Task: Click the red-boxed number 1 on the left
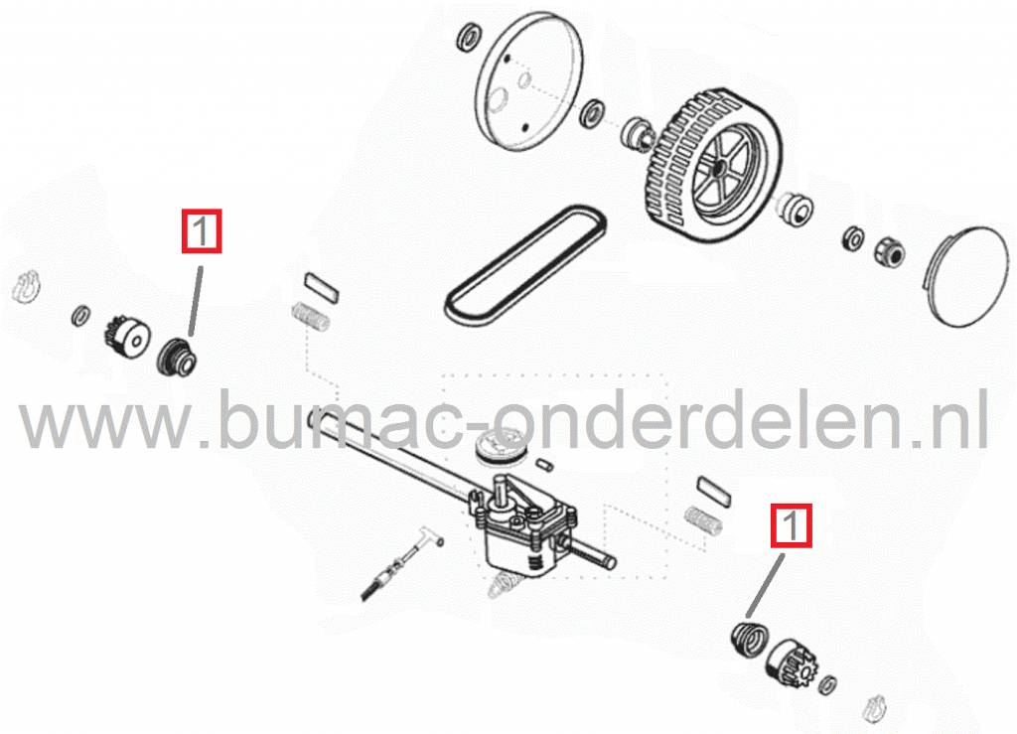coord(202,230)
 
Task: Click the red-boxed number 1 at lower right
coord(791,525)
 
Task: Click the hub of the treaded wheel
coord(720,167)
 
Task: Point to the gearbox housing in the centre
coord(525,531)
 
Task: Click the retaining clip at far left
coord(27,286)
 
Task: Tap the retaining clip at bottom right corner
coord(875,709)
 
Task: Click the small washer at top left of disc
coord(469,38)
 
